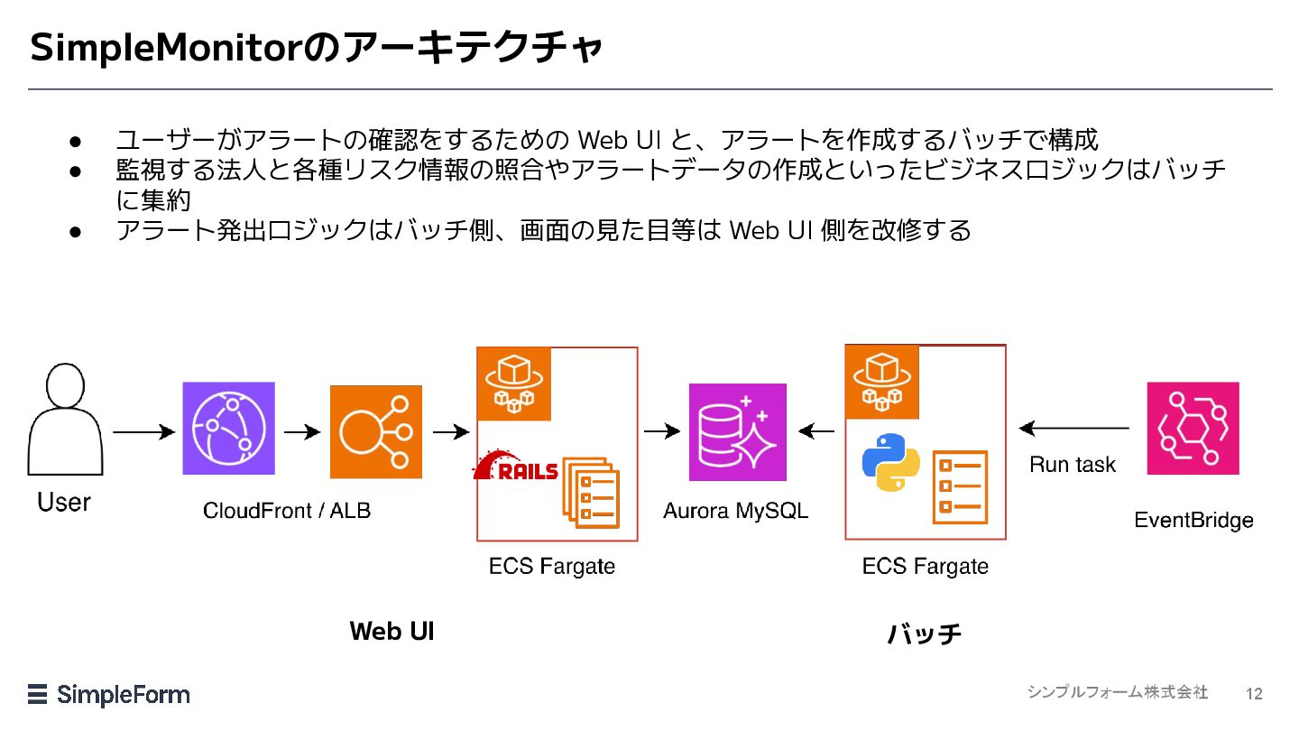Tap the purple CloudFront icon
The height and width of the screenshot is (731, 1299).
pos(228,429)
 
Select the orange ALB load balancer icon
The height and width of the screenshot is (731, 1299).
pos(375,432)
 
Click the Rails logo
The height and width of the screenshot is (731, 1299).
pos(516,468)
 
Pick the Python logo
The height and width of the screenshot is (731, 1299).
pos(890,462)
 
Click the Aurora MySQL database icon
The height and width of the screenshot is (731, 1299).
pos(737,432)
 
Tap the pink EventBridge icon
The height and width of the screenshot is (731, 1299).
pos(1193,429)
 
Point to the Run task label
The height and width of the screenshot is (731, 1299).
pos(1073,465)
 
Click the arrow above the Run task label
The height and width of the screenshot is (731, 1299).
pos(1073,429)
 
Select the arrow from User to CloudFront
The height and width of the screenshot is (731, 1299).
pos(143,432)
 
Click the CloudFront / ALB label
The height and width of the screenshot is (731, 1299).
pos(287,511)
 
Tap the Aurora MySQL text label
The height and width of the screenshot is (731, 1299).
pos(735,511)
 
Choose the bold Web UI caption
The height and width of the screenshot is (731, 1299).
pos(392,631)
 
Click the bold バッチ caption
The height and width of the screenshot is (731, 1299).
pos(925,634)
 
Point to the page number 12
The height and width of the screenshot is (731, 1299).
pos(1254,694)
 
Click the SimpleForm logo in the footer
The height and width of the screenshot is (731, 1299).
pos(109,694)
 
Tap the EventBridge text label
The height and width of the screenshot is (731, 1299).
pos(1193,521)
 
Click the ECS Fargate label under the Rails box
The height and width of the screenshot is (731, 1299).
pos(552,567)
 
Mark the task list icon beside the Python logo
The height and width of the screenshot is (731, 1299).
pos(960,487)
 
